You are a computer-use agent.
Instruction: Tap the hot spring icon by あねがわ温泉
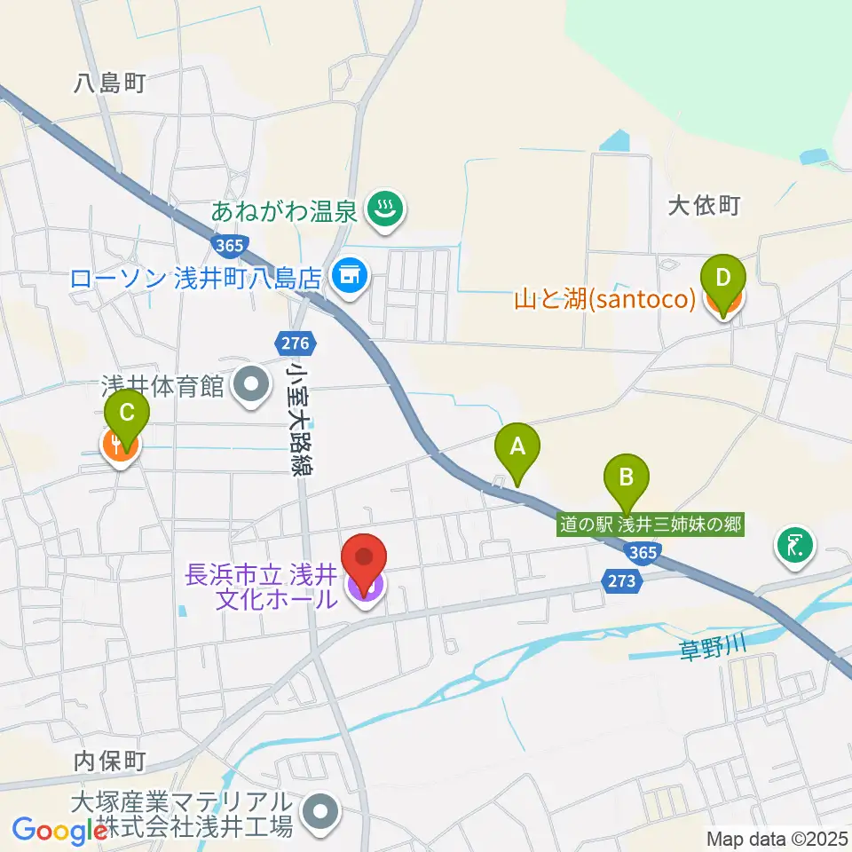(x=385, y=211)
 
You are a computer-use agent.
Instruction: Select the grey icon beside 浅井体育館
(x=252, y=385)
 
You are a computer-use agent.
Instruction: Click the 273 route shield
(x=623, y=580)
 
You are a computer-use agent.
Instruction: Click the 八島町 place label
(x=109, y=83)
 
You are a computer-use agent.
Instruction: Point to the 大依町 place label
(x=703, y=207)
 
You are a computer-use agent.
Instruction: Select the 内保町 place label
(x=109, y=761)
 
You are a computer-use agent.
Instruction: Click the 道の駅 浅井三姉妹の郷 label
(x=650, y=525)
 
